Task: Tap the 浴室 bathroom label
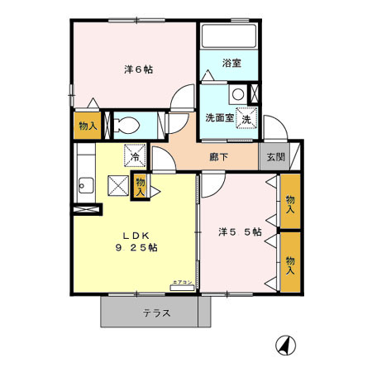[231, 63]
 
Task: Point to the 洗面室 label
[219, 117]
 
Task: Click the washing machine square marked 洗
[246, 120]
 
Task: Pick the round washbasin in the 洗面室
[238, 94]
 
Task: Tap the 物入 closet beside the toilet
[87, 126]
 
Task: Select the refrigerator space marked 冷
[132, 154]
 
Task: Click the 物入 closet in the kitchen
[141, 184]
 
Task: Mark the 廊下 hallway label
[218, 155]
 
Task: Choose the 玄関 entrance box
[272, 155]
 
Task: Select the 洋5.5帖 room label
[240, 232]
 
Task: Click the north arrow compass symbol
[284, 345]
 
